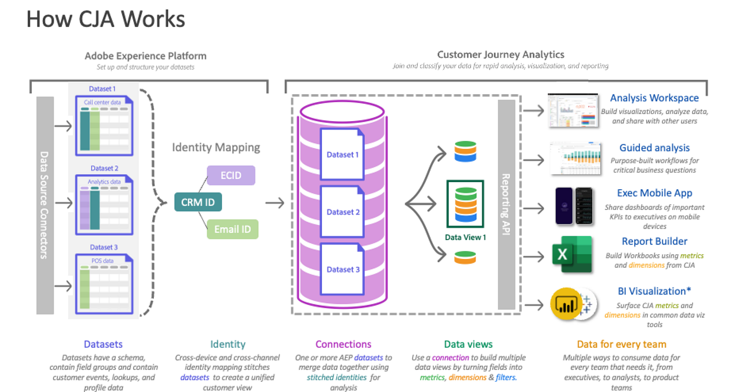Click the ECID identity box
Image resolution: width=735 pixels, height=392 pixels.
click(231, 176)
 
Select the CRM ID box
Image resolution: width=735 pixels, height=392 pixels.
click(198, 203)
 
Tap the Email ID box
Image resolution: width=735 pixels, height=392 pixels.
click(232, 229)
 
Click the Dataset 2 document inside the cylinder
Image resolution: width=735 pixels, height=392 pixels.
click(343, 211)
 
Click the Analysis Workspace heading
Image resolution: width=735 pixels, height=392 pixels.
click(654, 98)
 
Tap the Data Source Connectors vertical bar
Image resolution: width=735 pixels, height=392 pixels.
click(45, 205)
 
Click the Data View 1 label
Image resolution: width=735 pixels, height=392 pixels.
click(465, 237)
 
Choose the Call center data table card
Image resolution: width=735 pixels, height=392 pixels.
click(104, 124)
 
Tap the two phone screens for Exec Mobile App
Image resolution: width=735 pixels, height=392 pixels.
click(574, 206)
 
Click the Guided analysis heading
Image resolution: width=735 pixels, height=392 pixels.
click(654, 148)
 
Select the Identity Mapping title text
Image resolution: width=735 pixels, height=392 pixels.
click(216, 147)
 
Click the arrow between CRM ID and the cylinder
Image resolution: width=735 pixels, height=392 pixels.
click(274, 203)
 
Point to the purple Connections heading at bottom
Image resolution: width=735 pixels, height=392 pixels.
click(343, 344)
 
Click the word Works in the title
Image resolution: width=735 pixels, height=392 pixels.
click(153, 19)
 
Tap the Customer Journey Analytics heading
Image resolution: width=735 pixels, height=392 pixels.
click(500, 55)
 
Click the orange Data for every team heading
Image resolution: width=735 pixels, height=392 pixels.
click(621, 344)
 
